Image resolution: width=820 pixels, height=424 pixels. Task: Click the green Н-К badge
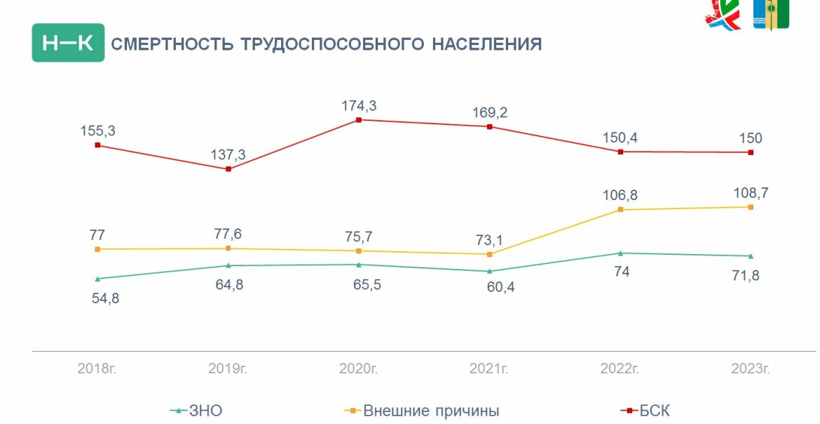coord(68,43)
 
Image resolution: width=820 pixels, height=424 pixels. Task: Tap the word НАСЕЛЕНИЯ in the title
coord(486,44)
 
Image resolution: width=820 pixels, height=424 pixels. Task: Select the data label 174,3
coord(359,106)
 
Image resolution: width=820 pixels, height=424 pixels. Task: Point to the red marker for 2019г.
coord(228,169)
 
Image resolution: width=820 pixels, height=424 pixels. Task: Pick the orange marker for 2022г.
coord(620,210)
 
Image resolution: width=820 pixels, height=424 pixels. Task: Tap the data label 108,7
coord(751,192)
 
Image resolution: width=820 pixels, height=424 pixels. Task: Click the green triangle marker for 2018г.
coord(97,279)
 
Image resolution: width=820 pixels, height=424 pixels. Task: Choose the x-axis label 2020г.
coord(359,368)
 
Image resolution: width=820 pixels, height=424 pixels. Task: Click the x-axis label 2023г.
coord(751,368)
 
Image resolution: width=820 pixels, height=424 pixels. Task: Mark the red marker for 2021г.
coord(490,127)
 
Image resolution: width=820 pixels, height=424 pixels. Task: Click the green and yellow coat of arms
coord(770,15)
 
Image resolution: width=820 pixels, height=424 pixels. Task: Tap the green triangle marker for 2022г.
coord(620,253)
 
